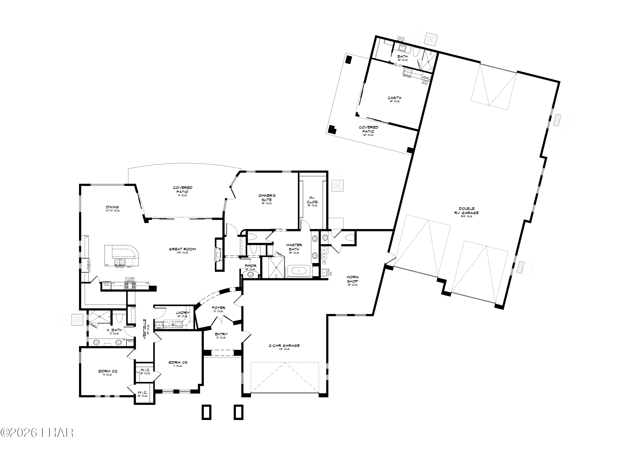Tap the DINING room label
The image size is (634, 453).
tap(112, 207)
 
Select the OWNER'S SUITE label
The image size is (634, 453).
tap(267, 198)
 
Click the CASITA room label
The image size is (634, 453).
tap(394, 98)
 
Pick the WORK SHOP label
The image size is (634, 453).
tap(353, 279)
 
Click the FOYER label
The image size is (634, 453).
tap(219, 308)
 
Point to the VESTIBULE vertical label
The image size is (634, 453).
tap(145, 329)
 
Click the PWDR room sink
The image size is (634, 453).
tap(250, 275)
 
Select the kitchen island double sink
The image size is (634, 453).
tap(120, 263)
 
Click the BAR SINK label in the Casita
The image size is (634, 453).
tap(407, 76)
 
